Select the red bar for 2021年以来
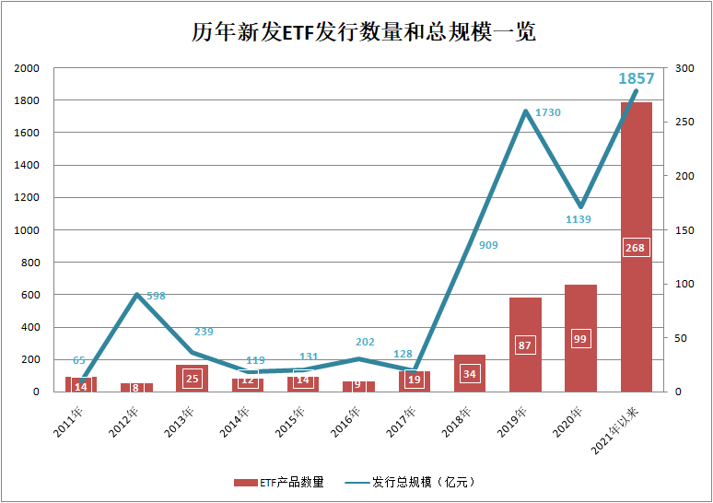637,184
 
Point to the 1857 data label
637,79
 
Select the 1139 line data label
579,219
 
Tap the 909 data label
489,245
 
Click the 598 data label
156,296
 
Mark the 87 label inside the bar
525,345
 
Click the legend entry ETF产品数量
280,482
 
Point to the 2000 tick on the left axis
28,68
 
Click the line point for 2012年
136,295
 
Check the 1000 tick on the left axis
28,230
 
